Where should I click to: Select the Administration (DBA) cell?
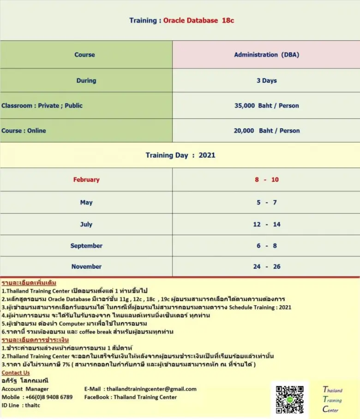tap(266, 55)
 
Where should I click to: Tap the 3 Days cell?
tap(266, 80)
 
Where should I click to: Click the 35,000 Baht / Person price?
tap(266, 105)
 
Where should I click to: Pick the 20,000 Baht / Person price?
tap(266, 131)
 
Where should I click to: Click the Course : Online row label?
tap(24, 131)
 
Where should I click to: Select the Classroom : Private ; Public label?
tap(42, 105)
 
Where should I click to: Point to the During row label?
tap(86, 80)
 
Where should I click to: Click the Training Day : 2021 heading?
tap(180, 155)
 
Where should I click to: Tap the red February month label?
tap(86, 180)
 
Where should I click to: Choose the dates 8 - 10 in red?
tap(266, 180)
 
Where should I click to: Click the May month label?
tap(86, 202)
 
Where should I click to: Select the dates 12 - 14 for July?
tap(266, 225)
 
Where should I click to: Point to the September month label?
tap(86, 246)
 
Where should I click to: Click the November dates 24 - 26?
tap(266, 267)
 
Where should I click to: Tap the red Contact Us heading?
tap(16, 373)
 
